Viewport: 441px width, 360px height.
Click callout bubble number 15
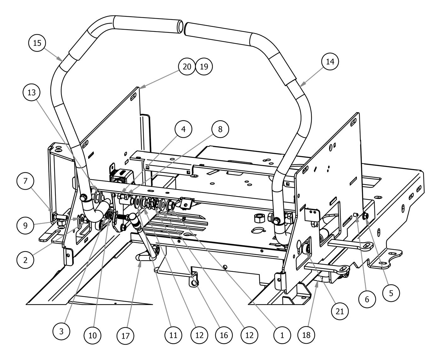coord(37,43)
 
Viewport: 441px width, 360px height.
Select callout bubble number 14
coord(330,62)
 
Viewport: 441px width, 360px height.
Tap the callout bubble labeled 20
coord(186,67)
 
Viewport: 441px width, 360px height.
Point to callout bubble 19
coord(204,67)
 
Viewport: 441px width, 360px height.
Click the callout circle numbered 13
coord(31,93)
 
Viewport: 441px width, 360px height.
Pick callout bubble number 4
coord(184,129)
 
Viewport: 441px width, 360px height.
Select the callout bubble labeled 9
coord(25,226)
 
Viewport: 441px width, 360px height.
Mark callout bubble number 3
coord(61,331)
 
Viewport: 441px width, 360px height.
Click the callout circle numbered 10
coord(93,334)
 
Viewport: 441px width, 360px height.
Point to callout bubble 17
coord(125,335)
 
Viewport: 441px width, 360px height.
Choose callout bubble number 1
coord(282,335)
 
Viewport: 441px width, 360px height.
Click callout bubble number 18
coord(306,335)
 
